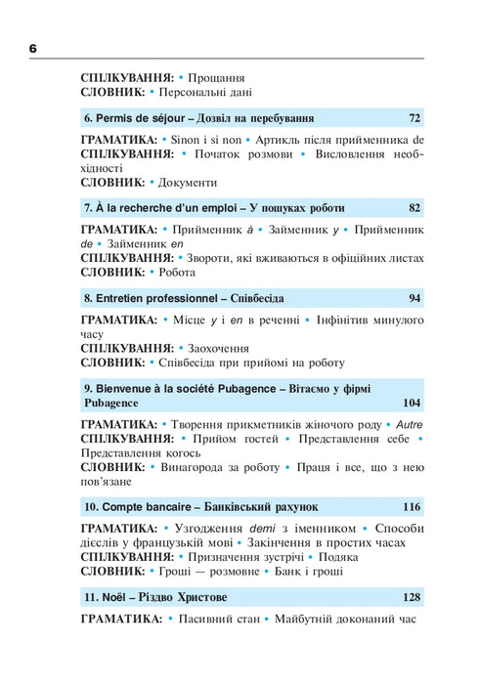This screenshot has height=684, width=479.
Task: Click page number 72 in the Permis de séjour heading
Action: (x=414, y=118)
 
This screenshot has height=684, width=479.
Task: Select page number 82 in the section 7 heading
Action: (x=414, y=208)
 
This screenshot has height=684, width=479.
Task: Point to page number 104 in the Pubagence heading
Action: (x=411, y=403)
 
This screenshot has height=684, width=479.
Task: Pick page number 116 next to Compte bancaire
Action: (x=411, y=507)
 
